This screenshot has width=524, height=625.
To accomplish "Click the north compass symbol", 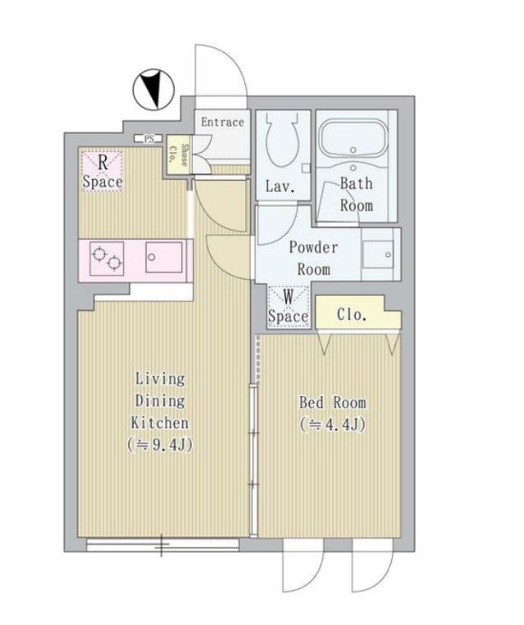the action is (153, 90).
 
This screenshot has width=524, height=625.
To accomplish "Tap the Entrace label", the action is (222, 122).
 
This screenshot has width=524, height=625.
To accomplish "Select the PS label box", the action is (148, 139).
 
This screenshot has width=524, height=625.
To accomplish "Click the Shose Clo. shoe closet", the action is (178, 155).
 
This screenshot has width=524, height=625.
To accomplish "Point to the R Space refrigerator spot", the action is (102, 171).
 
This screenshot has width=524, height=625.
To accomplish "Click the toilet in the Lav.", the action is (282, 139).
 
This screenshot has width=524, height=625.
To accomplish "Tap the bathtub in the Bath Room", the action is (354, 139).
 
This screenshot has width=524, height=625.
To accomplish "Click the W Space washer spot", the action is (289, 307).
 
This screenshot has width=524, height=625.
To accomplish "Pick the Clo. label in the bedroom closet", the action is (352, 315).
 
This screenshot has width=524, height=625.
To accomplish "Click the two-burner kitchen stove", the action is (107, 259).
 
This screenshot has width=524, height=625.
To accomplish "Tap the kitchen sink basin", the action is (164, 257).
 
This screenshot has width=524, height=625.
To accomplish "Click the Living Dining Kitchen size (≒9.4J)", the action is (159, 445).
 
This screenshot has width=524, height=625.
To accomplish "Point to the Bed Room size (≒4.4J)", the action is (332, 425).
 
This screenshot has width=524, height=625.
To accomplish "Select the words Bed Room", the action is (332, 402).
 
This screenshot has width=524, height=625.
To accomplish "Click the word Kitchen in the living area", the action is (159, 422).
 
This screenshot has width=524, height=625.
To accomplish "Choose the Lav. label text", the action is (281, 186).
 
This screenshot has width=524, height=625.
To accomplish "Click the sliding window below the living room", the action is (163, 545).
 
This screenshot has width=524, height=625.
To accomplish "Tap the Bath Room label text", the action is (356, 194).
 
